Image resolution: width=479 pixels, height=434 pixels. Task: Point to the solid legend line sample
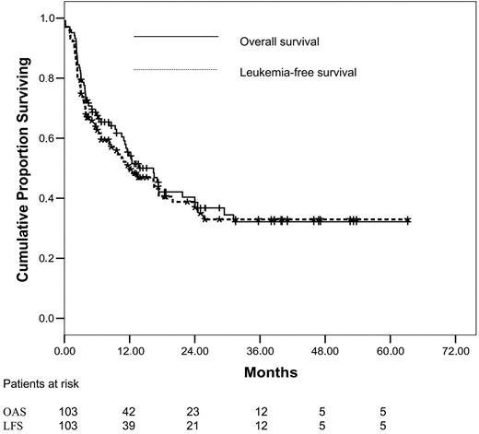point(175,36)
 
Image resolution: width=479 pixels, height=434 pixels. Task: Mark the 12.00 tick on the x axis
point(130,351)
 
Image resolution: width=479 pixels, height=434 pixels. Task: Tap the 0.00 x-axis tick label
point(64,351)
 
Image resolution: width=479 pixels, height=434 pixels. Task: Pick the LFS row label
point(15,426)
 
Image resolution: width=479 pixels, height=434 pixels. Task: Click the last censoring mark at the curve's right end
point(408,221)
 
